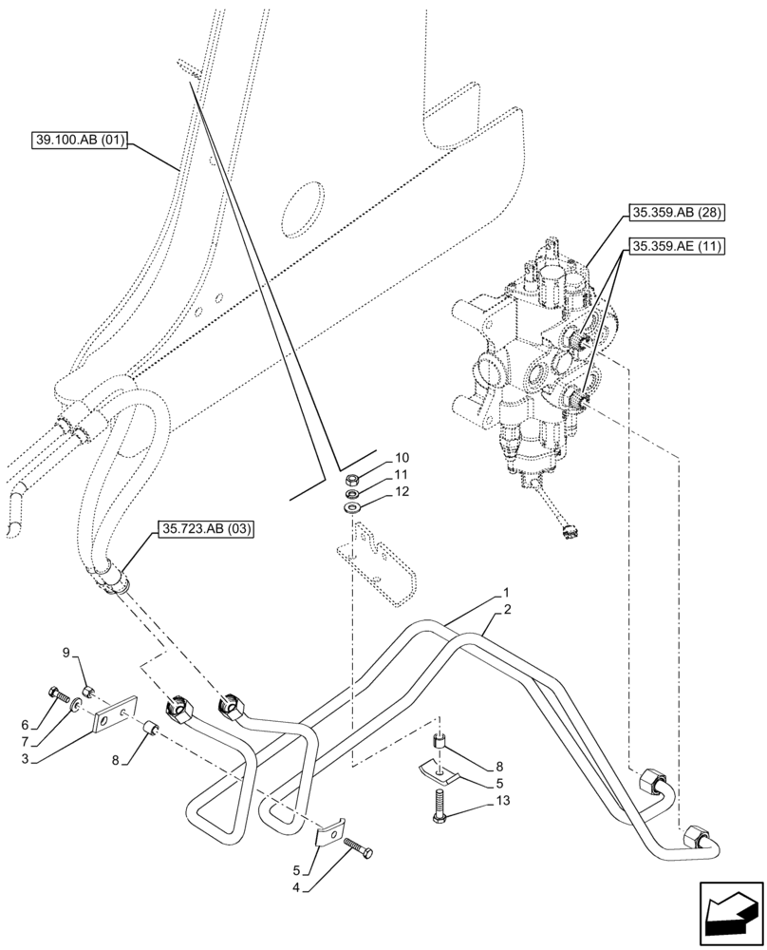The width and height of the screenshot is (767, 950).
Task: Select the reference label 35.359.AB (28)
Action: click(x=669, y=216)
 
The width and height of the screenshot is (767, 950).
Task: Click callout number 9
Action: click(x=66, y=653)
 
